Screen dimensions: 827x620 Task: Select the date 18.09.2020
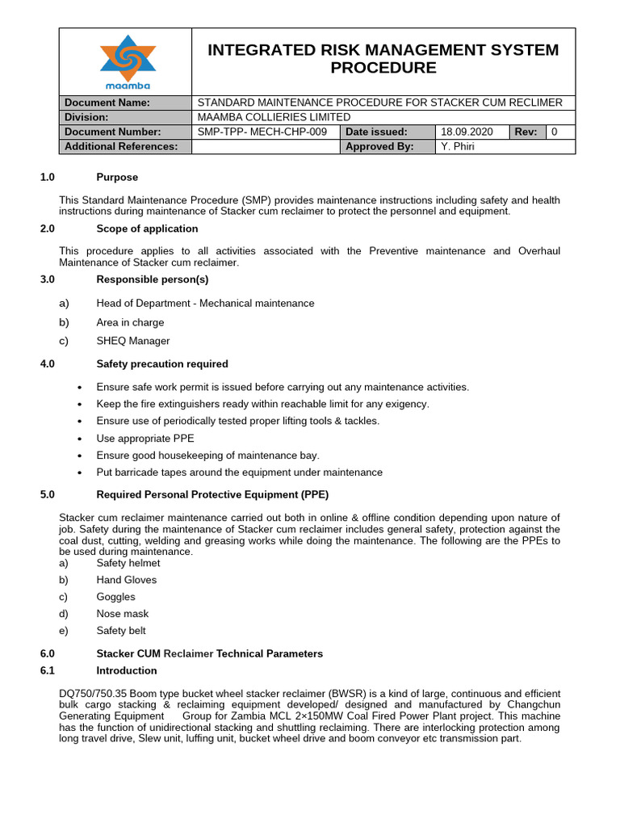466,132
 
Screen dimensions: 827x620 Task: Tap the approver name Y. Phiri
459,146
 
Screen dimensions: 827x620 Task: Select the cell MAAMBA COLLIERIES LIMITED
267,117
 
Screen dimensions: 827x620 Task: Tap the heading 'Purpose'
117,177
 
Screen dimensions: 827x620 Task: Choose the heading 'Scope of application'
147,229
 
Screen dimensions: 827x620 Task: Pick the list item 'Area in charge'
130,322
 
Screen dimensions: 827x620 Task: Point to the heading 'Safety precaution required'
161,364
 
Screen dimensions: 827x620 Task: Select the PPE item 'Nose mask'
122,614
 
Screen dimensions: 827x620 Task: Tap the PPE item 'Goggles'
116,597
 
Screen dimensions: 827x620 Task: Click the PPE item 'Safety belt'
121,631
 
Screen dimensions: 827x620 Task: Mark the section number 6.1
47,670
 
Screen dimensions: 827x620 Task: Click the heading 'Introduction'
126,670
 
